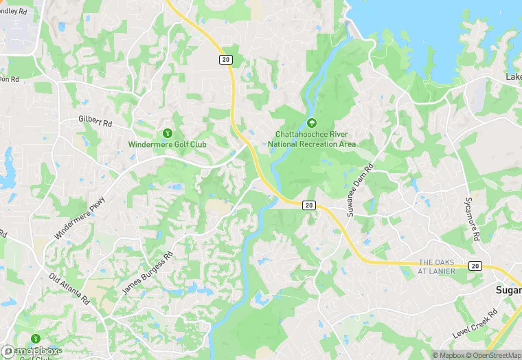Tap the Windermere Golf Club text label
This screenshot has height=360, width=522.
click(x=167, y=144)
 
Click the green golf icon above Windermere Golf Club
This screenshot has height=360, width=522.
click(x=167, y=133)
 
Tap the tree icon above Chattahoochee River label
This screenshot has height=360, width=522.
click(x=311, y=123)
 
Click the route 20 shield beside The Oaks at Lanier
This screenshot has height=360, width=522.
click(x=475, y=265)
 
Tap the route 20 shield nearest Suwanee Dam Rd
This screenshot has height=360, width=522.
click(x=308, y=205)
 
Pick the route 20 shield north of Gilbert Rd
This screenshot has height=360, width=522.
click(x=226, y=60)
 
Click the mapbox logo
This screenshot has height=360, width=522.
click(x=31, y=350)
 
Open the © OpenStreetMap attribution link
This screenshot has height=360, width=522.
click(x=488, y=355)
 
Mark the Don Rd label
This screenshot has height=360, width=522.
click(x=8, y=78)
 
